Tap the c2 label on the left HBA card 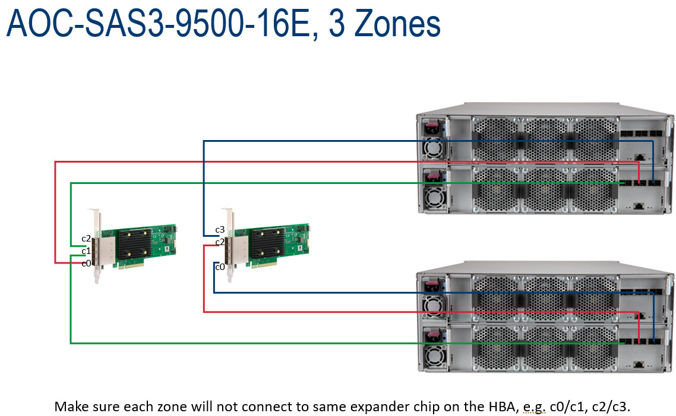[x=86, y=239]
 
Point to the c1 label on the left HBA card [x=86, y=251]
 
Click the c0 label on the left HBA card [x=86, y=263]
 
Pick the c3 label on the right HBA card [x=220, y=230]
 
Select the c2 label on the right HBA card [x=220, y=242]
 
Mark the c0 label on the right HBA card [x=220, y=267]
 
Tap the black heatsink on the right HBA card [x=267, y=243]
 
